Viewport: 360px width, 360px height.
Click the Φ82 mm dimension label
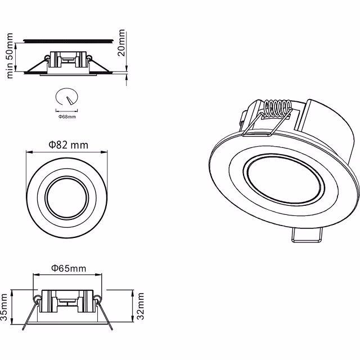tap(68, 145)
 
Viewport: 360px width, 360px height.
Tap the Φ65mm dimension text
tap(68, 269)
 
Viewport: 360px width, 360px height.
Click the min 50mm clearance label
tap(10, 56)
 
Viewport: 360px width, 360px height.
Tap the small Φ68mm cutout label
tap(67, 117)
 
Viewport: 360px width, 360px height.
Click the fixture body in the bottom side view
tap(67, 301)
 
